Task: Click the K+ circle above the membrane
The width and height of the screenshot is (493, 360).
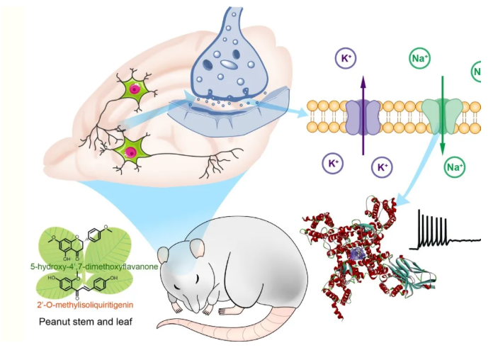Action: click(348, 59)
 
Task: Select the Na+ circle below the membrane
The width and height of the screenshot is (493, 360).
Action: click(454, 167)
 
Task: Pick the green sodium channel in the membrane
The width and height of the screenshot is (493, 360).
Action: click(442, 116)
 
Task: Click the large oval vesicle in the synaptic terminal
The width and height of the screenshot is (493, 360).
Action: click(229, 63)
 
